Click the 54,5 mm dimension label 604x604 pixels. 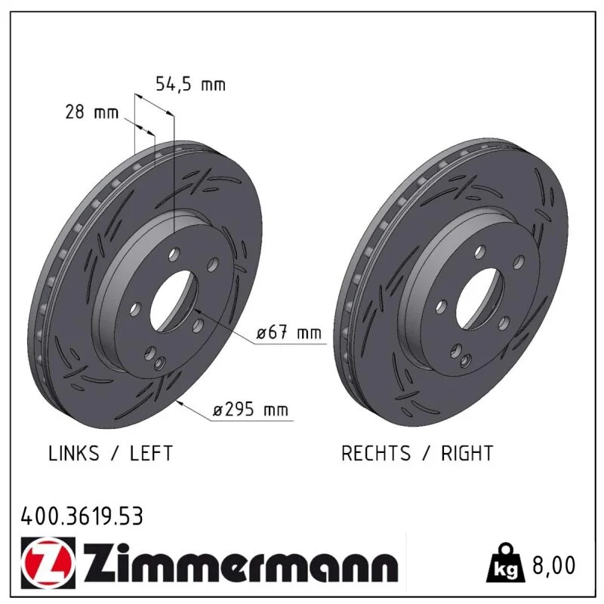point(190,85)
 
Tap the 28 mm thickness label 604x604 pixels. point(91,112)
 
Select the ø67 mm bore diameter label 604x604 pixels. point(289,332)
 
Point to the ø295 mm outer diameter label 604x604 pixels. point(251,409)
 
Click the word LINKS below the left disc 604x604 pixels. point(73,453)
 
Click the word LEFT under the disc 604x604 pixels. point(151,453)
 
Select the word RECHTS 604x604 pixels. point(376,453)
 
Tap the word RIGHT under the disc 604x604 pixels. point(467,453)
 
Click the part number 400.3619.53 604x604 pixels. point(82,516)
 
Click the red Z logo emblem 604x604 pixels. point(48,562)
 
